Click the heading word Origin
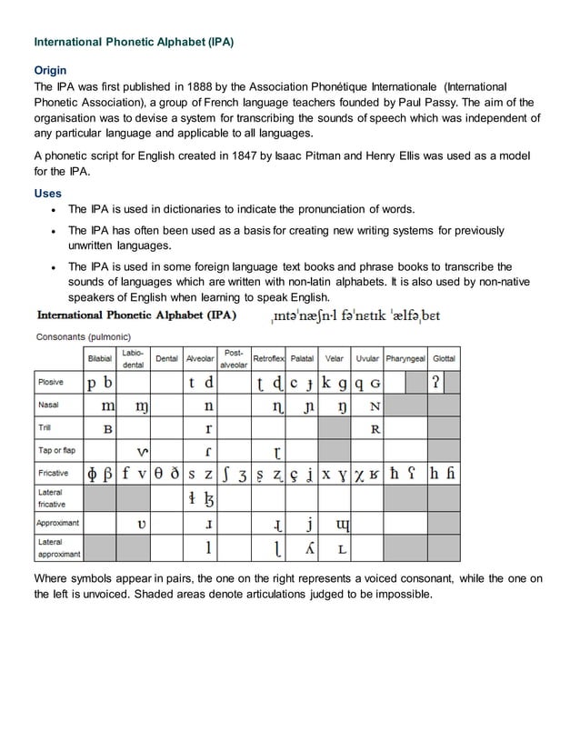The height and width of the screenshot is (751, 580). [x=49, y=70]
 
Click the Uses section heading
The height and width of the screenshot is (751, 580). [x=47, y=194]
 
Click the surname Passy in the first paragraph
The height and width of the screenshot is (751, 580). [x=463, y=102]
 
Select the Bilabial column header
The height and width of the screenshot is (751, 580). [x=100, y=359]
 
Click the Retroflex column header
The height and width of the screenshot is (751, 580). [x=270, y=359]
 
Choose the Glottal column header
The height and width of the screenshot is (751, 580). [x=445, y=359]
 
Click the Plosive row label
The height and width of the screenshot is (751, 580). [x=50, y=382]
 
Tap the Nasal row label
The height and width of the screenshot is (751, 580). [x=48, y=405]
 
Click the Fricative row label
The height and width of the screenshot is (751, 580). [x=52, y=474]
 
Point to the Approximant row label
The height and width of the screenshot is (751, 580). [x=58, y=524]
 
